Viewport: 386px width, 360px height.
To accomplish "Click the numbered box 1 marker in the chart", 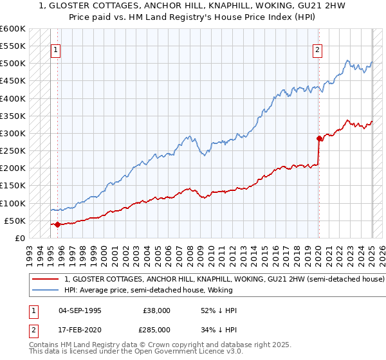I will click(55, 50).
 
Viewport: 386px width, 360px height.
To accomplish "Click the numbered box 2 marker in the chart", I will click(318, 50).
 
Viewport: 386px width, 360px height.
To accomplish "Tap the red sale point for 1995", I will click(57, 224).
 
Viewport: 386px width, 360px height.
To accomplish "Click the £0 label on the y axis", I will click(20, 238).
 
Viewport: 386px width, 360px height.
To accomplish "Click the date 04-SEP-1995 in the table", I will click(79, 310).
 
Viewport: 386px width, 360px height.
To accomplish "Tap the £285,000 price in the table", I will click(157, 329).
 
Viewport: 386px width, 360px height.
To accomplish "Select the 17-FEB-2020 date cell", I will click(79, 329).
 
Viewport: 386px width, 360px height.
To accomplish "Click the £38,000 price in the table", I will click(157, 310).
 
